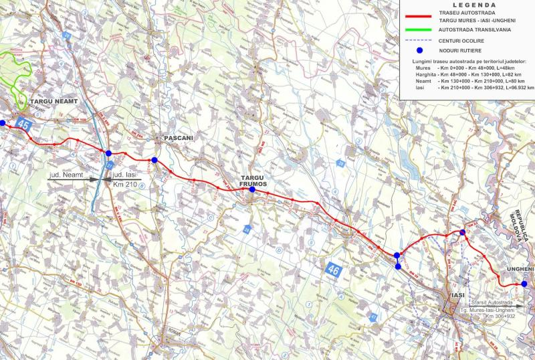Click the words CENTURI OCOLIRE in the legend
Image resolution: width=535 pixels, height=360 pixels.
pyautogui.click(x=462, y=40)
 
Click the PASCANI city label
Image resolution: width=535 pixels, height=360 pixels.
pyautogui.click(x=177, y=138)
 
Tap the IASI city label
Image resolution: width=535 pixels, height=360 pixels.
pyautogui.click(x=457, y=294)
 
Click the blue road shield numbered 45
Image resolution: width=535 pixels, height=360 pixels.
pyautogui.click(x=25, y=124)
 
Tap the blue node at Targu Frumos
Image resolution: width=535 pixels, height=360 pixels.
pyautogui.click(x=252, y=190)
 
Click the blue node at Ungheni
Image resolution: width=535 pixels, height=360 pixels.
pyautogui.click(x=524, y=284)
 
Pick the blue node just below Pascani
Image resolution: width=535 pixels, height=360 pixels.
pyautogui.click(x=154, y=160)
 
